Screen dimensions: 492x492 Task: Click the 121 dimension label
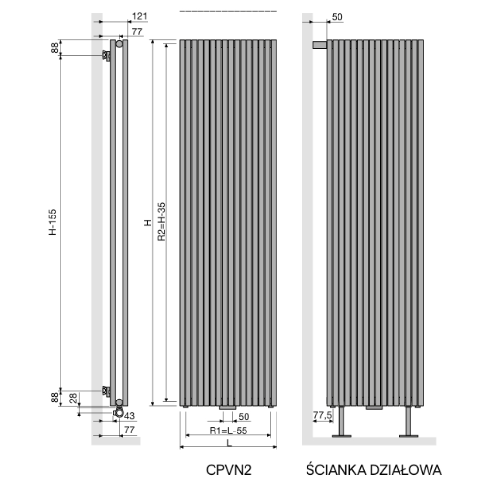tap(139, 16)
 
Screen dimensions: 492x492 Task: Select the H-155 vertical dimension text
tap(53, 222)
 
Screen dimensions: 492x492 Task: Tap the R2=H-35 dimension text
tap(161, 221)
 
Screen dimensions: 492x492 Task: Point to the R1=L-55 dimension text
tap(228, 430)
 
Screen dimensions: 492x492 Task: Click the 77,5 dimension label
tap(322, 415)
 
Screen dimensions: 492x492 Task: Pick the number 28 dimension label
tap(73, 398)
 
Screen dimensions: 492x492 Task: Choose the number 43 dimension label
tap(129, 416)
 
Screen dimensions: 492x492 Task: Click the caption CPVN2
tap(229, 470)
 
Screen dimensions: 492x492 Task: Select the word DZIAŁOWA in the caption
tap(406, 470)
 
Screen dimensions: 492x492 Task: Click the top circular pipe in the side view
tap(119, 44)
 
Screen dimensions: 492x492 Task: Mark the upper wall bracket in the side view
tap(106, 55)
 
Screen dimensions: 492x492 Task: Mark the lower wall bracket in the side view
tap(106, 391)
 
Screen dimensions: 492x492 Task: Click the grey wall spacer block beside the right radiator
tap(320, 45)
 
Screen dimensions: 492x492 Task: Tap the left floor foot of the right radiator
tap(341, 422)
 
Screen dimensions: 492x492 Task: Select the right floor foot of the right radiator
tap(408, 422)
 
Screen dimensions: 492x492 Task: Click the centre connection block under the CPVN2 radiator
tap(227, 407)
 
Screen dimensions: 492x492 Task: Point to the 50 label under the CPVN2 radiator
tap(244, 417)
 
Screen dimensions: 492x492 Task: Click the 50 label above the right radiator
tap(337, 17)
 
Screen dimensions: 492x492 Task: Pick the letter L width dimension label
tap(229, 443)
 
